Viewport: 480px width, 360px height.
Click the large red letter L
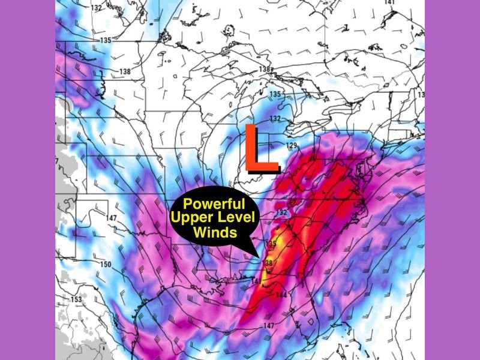point(259,148)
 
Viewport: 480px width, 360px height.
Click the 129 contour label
point(292,146)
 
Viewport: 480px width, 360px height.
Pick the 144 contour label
point(281,295)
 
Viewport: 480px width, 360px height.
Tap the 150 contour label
point(106,265)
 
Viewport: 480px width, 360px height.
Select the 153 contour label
point(76,299)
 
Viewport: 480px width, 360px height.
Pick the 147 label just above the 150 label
point(112,218)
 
